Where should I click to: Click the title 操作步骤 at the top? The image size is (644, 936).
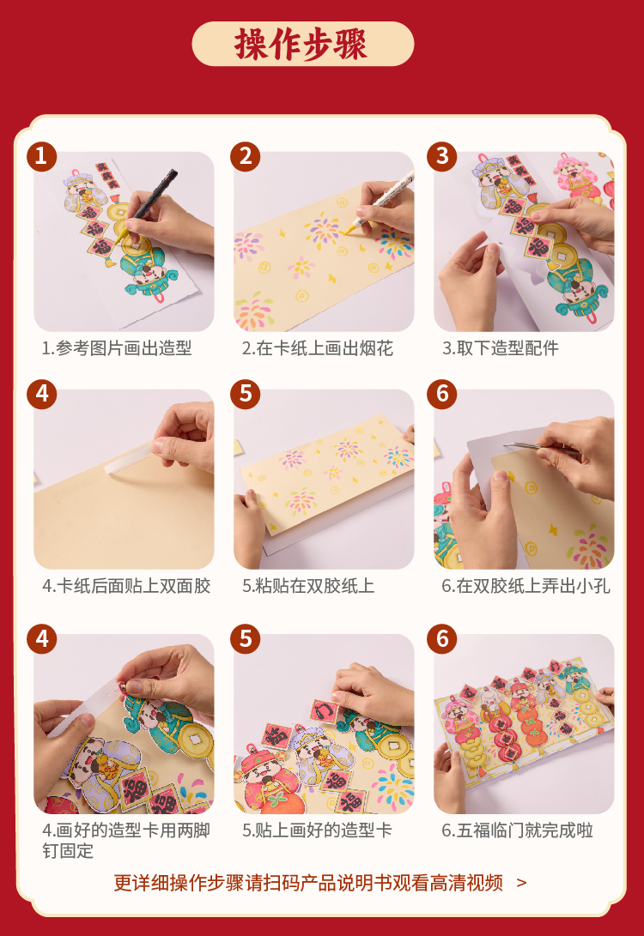pos(302,44)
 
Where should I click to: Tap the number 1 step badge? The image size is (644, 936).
pos(41,156)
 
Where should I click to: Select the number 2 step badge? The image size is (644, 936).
pos(246,156)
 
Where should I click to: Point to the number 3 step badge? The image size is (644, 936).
pos(442,156)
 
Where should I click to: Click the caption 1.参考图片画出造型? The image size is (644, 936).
pos(117,348)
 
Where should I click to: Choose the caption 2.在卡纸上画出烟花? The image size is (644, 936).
pos(317,348)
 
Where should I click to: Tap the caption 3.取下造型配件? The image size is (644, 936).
pos(500,348)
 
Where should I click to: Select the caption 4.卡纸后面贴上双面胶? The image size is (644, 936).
pos(126,586)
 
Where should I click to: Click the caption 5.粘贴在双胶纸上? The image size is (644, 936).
pos(308,586)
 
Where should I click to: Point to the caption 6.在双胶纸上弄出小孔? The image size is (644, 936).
pos(526,586)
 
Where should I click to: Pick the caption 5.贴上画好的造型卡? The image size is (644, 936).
pos(317,830)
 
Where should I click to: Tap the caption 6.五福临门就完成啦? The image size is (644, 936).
pos(518,830)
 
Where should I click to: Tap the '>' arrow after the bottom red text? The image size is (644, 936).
pos(521,882)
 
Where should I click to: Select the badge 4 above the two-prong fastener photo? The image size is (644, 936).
pos(41,638)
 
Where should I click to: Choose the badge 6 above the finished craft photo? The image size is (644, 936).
pos(442,638)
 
